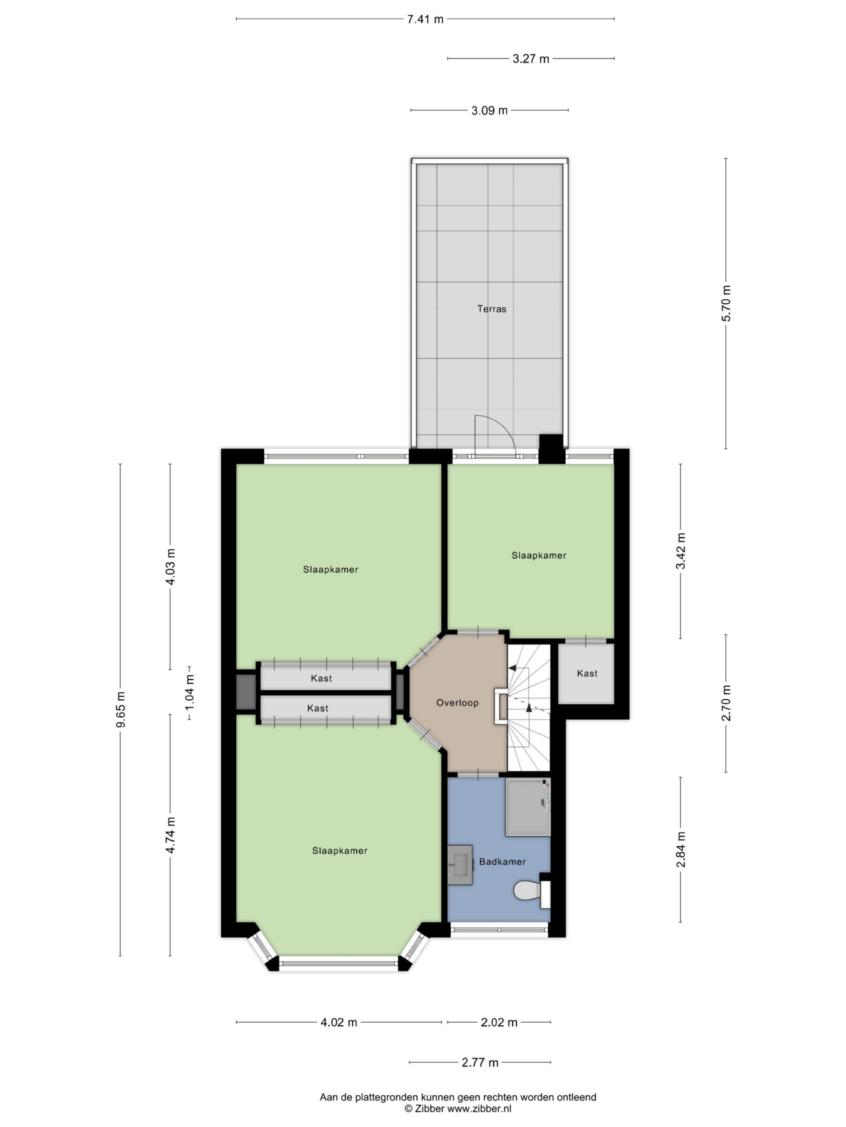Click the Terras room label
[492, 309]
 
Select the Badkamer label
[502, 862]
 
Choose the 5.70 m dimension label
[726, 303]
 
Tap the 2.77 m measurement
[480, 1062]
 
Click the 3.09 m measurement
[490, 110]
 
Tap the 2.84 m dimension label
[680, 849]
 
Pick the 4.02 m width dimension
[338, 1023]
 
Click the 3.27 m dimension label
[531, 59]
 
